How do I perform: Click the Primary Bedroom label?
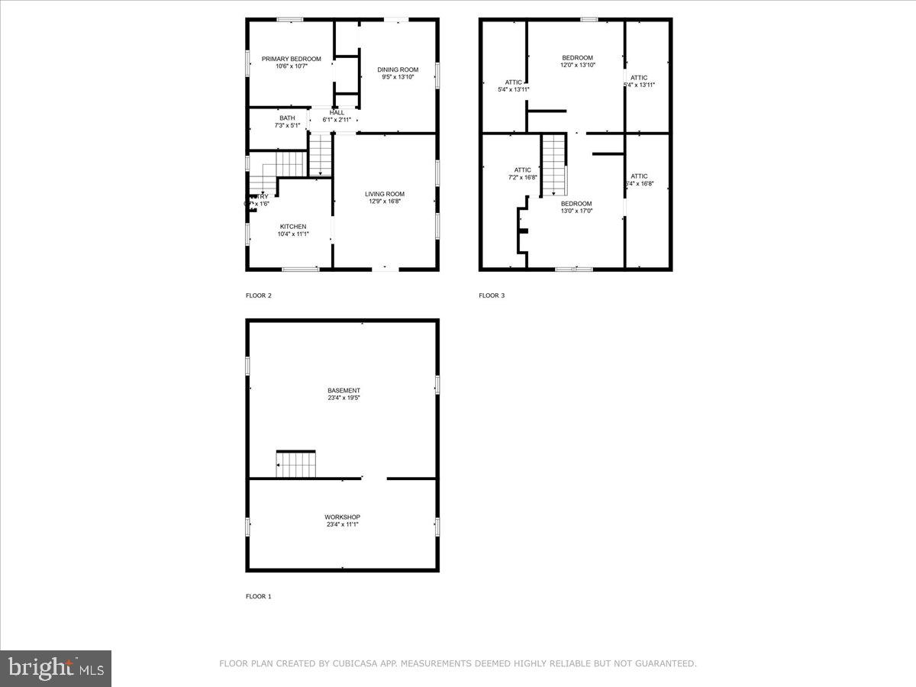pyautogui.click(x=292, y=59)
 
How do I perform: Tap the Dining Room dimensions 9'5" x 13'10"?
pyautogui.click(x=398, y=77)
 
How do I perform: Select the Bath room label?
pyautogui.click(x=287, y=118)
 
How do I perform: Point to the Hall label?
pyautogui.click(x=337, y=112)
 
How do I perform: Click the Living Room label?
pyautogui.click(x=384, y=194)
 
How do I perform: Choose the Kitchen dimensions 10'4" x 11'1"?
pyautogui.click(x=293, y=234)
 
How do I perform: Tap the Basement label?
pyautogui.click(x=343, y=391)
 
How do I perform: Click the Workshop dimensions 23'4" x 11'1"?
pyautogui.click(x=342, y=524)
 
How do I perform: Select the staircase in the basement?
pyautogui.click(x=295, y=465)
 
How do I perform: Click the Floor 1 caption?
pyautogui.click(x=258, y=596)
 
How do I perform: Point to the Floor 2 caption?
pyautogui.click(x=258, y=295)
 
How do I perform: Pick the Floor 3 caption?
pyautogui.click(x=492, y=295)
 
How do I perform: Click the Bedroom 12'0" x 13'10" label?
pyautogui.click(x=577, y=58)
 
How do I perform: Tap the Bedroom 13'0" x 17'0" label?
pyautogui.click(x=576, y=204)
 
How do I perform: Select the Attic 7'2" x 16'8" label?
pyautogui.click(x=522, y=170)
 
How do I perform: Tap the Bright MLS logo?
pyautogui.click(x=56, y=669)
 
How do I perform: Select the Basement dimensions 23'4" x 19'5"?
pyautogui.click(x=343, y=398)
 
